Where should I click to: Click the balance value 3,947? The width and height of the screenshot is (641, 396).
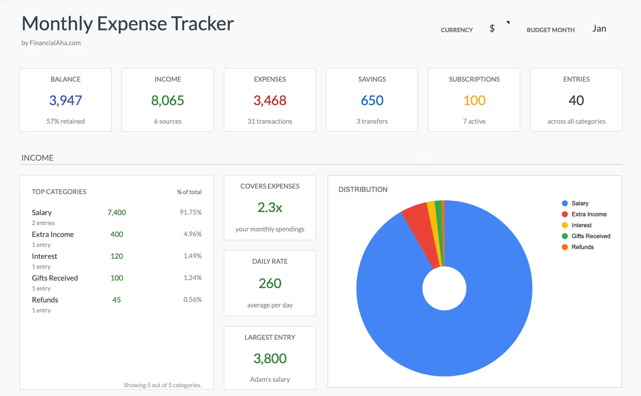(x=65, y=100)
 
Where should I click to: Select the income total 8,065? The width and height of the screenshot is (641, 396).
(x=167, y=100)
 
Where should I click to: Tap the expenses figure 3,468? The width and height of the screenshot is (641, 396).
(x=270, y=100)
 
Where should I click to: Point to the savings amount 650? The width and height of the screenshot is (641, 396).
(x=372, y=100)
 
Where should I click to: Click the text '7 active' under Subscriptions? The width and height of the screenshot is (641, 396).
(x=474, y=121)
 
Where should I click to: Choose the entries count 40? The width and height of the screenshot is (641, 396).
(x=576, y=100)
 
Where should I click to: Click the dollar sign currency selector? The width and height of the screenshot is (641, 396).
(x=492, y=28)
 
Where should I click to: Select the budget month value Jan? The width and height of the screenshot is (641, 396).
(x=599, y=28)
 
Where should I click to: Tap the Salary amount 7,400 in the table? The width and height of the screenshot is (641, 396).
(x=117, y=212)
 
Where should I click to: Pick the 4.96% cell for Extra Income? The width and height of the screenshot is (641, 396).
(x=192, y=234)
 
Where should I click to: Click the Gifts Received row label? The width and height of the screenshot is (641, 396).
(x=55, y=278)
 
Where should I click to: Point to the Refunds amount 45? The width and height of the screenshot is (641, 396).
(x=117, y=300)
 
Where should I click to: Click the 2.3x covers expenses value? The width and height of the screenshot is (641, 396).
(x=270, y=207)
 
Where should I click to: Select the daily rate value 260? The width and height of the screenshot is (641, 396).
(x=270, y=283)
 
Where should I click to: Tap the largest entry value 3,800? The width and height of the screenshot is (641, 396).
(x=270, y=358)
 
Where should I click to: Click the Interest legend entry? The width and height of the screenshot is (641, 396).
(x=581, y=225)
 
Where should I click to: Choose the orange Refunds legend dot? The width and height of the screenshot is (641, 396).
(x=564, y=247)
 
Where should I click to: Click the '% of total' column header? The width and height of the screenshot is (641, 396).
(x=189, y=192)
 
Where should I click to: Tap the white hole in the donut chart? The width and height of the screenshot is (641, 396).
(x=444, y=288)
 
